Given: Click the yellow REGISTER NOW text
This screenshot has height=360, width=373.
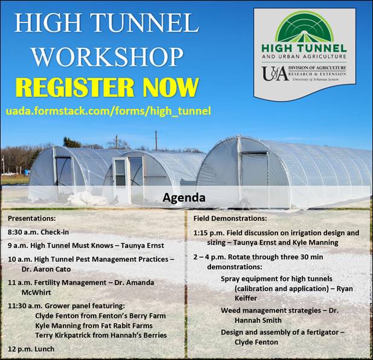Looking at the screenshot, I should click(107, 87).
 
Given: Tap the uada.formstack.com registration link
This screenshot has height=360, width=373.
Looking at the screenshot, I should click(109, 111).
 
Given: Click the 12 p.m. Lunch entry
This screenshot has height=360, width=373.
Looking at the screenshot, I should click(31, 349).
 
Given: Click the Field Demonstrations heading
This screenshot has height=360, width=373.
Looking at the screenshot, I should click(232, 217).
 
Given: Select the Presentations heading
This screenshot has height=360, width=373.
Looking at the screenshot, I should click(33, 217).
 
